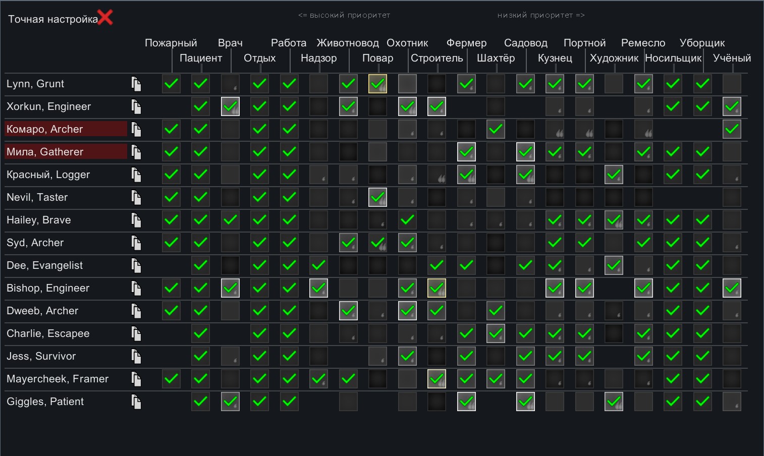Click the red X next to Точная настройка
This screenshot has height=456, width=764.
[105, 18]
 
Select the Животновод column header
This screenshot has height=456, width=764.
[348, 43]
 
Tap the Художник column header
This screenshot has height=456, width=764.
[614, 58]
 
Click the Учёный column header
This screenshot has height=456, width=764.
[732, 58]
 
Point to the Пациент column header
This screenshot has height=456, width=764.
[201, 58]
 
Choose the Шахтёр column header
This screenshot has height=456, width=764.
[496, 58]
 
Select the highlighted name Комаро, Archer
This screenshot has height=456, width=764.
[45, 129]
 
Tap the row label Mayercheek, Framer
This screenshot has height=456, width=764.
[58, 379]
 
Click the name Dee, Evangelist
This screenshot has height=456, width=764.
[45, 265]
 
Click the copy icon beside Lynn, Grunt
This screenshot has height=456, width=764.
[136, 84]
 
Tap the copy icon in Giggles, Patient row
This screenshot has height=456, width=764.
[136, 402]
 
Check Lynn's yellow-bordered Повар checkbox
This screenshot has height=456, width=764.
[377, 84]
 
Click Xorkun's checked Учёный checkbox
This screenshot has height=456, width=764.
[732, 106]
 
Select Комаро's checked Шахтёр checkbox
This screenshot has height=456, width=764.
[496, 129]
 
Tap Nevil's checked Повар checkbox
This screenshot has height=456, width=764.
[377, 197]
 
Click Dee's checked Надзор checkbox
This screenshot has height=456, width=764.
[318, 265]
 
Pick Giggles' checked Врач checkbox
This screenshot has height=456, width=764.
[230, 402]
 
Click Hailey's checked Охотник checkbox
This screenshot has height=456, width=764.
[407, 220]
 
